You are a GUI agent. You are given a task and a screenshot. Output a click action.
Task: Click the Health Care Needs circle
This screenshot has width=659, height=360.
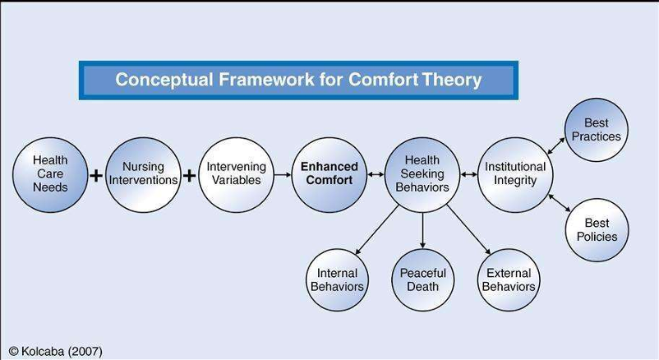click(50, 174)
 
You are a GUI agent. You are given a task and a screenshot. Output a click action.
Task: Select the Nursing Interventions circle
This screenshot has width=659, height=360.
click(143, 174)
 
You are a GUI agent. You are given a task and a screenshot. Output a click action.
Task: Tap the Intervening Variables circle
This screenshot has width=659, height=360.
click(236, 174)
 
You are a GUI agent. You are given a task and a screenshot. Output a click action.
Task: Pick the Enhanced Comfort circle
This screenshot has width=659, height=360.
click(329, 174)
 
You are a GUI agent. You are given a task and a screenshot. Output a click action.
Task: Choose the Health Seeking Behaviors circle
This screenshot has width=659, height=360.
click(422, 174)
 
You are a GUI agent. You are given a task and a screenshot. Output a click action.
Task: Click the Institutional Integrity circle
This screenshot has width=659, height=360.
click(515, 174)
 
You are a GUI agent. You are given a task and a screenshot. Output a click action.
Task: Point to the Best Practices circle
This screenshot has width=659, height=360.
click(597, 130)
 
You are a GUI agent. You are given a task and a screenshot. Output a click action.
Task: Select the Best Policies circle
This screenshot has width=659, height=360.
click(597, 230)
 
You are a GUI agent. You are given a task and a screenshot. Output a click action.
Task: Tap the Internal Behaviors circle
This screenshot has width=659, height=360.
click(337, 280)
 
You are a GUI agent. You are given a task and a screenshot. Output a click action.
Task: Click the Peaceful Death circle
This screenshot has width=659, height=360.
click(423, 280)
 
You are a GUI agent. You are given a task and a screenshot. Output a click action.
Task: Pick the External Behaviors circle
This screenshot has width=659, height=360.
click(509, 280)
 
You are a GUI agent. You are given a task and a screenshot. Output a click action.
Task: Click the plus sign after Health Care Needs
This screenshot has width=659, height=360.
click(97, 175)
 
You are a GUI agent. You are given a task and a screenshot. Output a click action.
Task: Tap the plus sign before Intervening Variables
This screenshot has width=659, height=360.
click(190, 175)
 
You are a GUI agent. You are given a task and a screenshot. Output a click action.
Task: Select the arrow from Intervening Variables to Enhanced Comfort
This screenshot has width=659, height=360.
click(283, 174)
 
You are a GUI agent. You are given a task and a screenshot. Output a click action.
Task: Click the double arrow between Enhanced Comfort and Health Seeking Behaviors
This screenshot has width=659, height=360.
click(376, 174)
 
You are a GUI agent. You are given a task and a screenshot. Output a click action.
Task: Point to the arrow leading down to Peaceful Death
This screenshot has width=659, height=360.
click(423, 230)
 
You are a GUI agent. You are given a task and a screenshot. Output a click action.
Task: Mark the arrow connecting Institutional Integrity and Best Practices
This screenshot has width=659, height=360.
click(556, 146)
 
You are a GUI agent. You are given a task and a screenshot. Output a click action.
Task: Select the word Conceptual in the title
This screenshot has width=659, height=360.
click(164, 80)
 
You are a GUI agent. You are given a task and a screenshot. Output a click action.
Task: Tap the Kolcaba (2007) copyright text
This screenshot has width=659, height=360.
click(56, 351)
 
